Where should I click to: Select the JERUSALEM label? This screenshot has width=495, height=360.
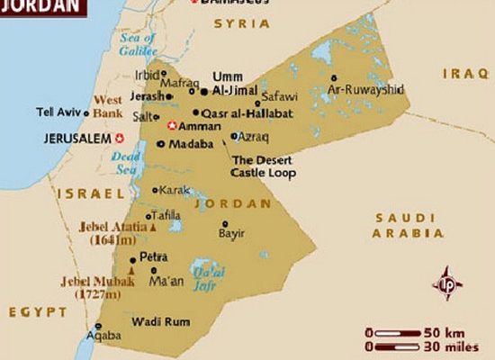tap(76, 139)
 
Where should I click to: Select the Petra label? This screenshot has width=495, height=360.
tap(154, 257)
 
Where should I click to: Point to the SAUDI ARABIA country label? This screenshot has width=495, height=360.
tap(405, 225)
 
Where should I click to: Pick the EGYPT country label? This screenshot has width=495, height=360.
tap(38, 311)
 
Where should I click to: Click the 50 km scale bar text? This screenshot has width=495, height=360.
tap(446, 332)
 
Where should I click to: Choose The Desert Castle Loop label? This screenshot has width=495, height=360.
tap(264, 166)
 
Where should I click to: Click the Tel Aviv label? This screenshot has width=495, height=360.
tap(57, 112)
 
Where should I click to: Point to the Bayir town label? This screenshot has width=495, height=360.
tap(231, 233)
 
